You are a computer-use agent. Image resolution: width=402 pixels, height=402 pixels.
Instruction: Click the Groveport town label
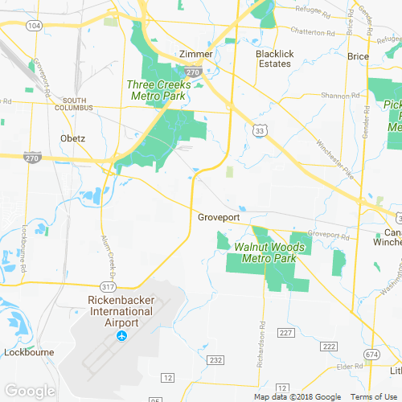(x=219, y=217)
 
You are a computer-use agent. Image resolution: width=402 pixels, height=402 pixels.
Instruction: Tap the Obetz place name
(x=73, y=137)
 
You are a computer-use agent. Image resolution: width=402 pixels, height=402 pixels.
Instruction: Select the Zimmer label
(x=196, y=54)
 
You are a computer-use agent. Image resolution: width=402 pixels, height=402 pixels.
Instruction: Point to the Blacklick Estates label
(x=273, y=59)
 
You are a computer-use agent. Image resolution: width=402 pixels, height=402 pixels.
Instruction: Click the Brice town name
(x=358, y=56)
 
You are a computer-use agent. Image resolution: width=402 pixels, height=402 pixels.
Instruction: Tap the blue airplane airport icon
(x=122, y=335)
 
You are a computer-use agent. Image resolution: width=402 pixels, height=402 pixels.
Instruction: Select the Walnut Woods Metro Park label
(x=269, y=252)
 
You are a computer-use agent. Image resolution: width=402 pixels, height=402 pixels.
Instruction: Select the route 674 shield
(x=371, y=354)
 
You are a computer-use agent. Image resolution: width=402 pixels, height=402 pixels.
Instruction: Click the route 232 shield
(x=215, y=361)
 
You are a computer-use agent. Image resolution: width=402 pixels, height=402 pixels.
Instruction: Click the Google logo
(x=29, y=391)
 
